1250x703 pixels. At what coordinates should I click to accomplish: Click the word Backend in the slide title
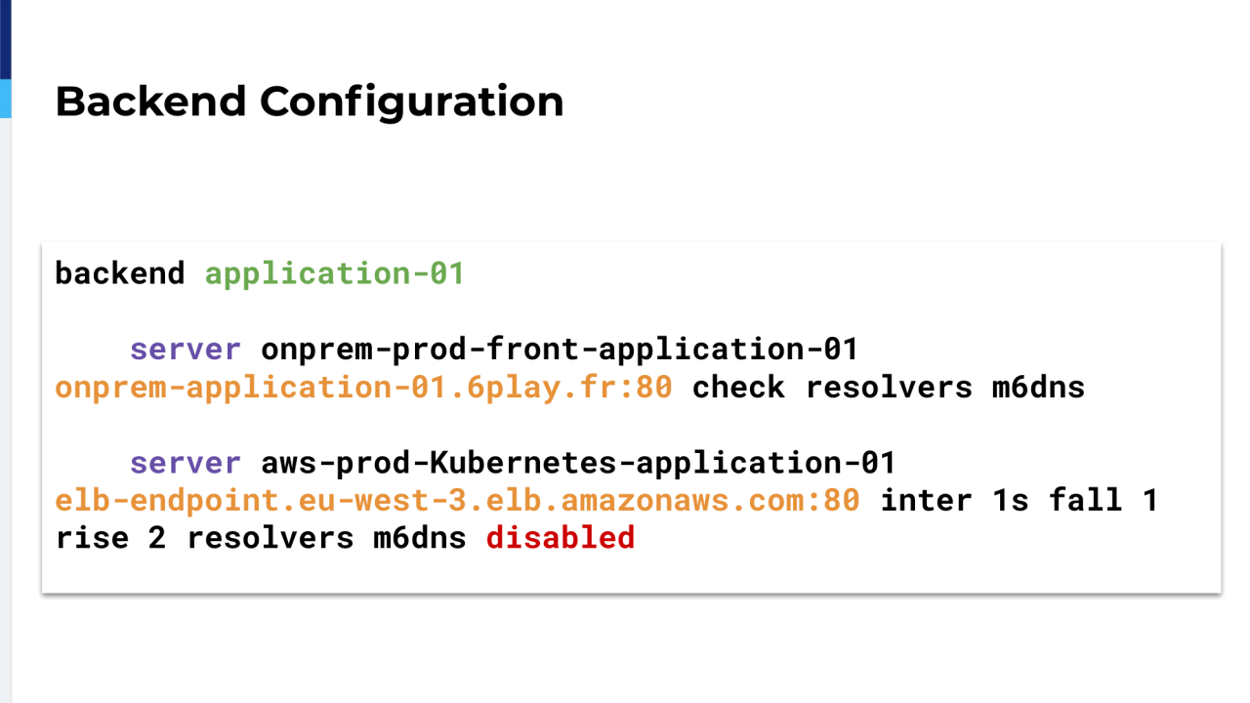click(150, 102)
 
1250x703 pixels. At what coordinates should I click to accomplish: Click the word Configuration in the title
click(412, 103)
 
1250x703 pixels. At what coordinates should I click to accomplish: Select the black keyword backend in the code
click(120, 273)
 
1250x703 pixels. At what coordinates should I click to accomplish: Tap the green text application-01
click(335, 274)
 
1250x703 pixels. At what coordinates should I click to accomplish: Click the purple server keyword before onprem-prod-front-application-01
click(186, 350)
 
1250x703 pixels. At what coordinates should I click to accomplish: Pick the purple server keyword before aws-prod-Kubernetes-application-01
click(186, 463)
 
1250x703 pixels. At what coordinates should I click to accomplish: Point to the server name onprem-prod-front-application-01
click(560, 350)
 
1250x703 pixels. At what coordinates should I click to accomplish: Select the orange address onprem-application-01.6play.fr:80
click(364, 388)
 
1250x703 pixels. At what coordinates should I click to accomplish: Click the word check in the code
click(739, 387)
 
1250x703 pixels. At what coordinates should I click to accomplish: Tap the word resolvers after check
click(889, 387)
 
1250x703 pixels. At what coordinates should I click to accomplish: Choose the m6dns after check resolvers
click(1038, 387)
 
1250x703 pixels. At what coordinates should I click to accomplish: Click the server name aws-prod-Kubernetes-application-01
click(579, 463)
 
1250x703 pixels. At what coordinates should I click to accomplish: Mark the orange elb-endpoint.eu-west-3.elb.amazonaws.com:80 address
click(458, 500)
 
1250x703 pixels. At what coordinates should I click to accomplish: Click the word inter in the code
click(927, 500)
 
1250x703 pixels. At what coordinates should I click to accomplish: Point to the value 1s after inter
click(1011, 501)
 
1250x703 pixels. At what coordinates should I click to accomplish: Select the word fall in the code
click(1085, 500)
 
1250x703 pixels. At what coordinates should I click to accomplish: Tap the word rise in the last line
click(93, 538)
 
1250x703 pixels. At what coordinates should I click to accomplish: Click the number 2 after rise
click(157, 538)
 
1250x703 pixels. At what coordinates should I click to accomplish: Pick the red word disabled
click(561, 537)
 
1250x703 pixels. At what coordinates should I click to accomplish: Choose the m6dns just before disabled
click(420, 538)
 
